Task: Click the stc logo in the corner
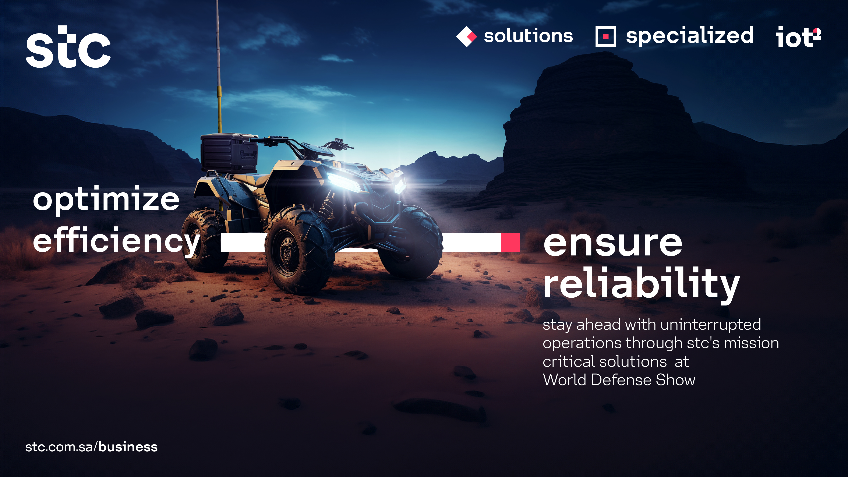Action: coord(68,46)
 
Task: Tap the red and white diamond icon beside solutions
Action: coord(466,36)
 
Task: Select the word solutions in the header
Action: coord(528,36)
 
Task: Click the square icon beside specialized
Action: coord(606,36)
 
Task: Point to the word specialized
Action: coord(690,36)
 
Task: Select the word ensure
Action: coord(613,244)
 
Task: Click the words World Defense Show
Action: coord(619,380)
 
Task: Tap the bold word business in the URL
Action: coord(128,447)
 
